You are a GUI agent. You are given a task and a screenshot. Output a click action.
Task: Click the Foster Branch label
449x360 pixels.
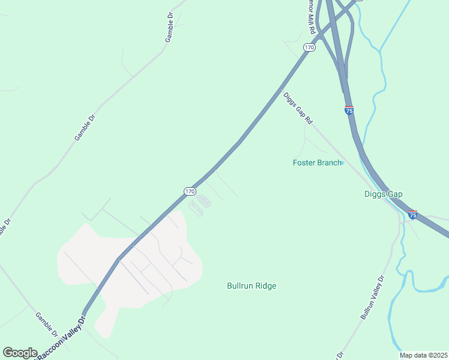(x=317, y=163)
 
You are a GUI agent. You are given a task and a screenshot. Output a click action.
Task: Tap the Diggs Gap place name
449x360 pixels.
(x=383, y=194)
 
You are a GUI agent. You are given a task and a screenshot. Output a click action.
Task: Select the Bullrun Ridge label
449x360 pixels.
(x=252, y=286)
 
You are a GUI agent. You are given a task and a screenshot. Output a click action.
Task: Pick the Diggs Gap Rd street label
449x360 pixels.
(x=298, y=109)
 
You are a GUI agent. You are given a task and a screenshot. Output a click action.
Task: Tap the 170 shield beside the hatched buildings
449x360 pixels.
(x=190, y=191)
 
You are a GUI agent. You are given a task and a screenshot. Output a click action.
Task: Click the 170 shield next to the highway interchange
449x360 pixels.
(x=309, y=47)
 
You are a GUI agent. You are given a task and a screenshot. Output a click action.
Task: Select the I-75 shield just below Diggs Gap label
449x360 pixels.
(x=412, y=214)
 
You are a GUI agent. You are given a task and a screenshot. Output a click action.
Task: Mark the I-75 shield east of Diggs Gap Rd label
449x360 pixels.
(x=349, y=110)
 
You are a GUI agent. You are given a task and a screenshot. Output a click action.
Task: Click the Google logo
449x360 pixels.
(x=20, y=353)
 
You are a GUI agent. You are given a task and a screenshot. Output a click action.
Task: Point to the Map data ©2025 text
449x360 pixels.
(x=424, y=355)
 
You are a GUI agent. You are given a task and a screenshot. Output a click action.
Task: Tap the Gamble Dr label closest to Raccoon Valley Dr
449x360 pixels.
(x=46, y=324)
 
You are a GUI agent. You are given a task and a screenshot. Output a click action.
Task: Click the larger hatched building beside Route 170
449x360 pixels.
(x=205, y=200)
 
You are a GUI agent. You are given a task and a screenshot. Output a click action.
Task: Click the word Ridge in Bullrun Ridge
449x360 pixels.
(x=265, y=286)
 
